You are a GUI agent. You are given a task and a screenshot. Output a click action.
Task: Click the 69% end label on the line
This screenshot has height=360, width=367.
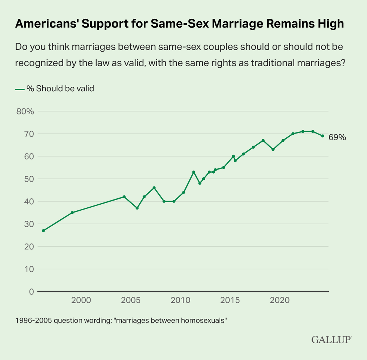click(x=337, y=137)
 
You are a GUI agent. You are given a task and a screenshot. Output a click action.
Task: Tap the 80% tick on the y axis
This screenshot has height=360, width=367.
click(x=25, y=112)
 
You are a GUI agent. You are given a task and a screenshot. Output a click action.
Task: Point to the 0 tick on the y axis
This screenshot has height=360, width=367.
click(x=31, y=292)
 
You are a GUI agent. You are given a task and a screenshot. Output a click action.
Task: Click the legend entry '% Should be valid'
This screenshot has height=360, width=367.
click(x=60, y=89)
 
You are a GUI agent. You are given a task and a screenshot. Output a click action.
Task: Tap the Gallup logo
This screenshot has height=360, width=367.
click(x=331, y=339)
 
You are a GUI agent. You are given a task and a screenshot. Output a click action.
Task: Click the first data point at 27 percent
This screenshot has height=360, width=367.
click(x=43, y=231)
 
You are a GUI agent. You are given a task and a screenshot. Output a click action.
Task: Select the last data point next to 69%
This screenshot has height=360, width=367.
click(x=322, y=136)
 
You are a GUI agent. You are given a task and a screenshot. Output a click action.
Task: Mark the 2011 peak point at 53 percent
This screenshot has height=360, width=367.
click(x=194, y=172)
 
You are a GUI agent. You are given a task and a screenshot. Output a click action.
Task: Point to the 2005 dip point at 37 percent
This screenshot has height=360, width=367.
click(x=137, y=208)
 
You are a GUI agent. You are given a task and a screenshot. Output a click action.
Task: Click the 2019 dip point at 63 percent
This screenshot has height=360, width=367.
click(x=273, y=149)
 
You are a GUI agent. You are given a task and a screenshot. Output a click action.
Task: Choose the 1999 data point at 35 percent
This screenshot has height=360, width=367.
click(x=72, y=213)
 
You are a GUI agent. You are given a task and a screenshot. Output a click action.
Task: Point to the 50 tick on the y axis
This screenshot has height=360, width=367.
click(x=30, y=179)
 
